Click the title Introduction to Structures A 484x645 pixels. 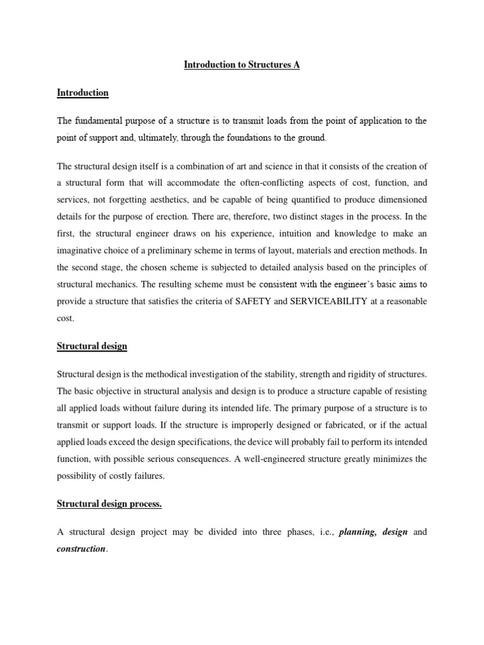241,65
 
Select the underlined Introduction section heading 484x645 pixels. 83,93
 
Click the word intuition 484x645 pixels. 274,234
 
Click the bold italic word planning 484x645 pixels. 357,532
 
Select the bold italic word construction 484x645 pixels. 81,549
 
